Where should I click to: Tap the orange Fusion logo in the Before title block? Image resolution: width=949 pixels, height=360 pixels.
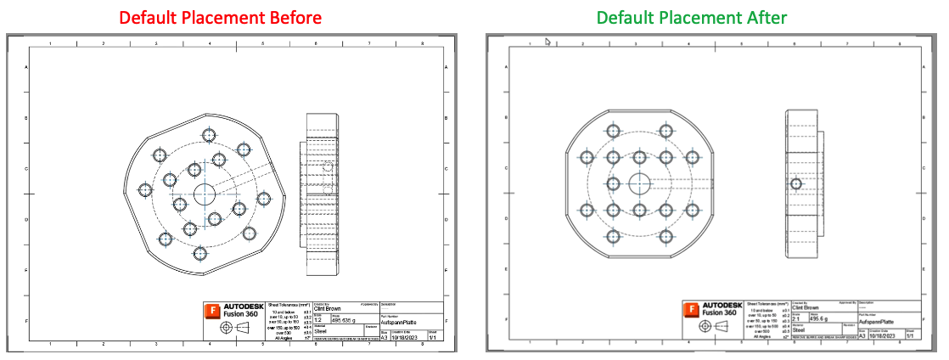[212, 312]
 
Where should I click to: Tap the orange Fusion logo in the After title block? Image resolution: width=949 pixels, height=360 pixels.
[693, 312]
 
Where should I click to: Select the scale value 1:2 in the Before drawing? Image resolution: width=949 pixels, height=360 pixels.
[319, 319]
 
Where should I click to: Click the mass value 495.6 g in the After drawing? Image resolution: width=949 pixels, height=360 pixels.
[819, 319]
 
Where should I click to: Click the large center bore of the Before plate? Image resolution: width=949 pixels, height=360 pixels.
[205, 194]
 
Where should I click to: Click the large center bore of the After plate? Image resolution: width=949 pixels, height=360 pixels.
[639, 182]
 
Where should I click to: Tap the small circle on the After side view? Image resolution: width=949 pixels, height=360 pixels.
[796, 183]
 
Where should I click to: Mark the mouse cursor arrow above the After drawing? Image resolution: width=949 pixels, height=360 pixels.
[548, 40]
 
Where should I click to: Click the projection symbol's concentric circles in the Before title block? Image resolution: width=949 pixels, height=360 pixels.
[227, 327]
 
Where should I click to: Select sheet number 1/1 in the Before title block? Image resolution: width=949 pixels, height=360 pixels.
[432, 337]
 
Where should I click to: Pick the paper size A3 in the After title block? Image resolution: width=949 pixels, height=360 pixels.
[862, 336]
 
